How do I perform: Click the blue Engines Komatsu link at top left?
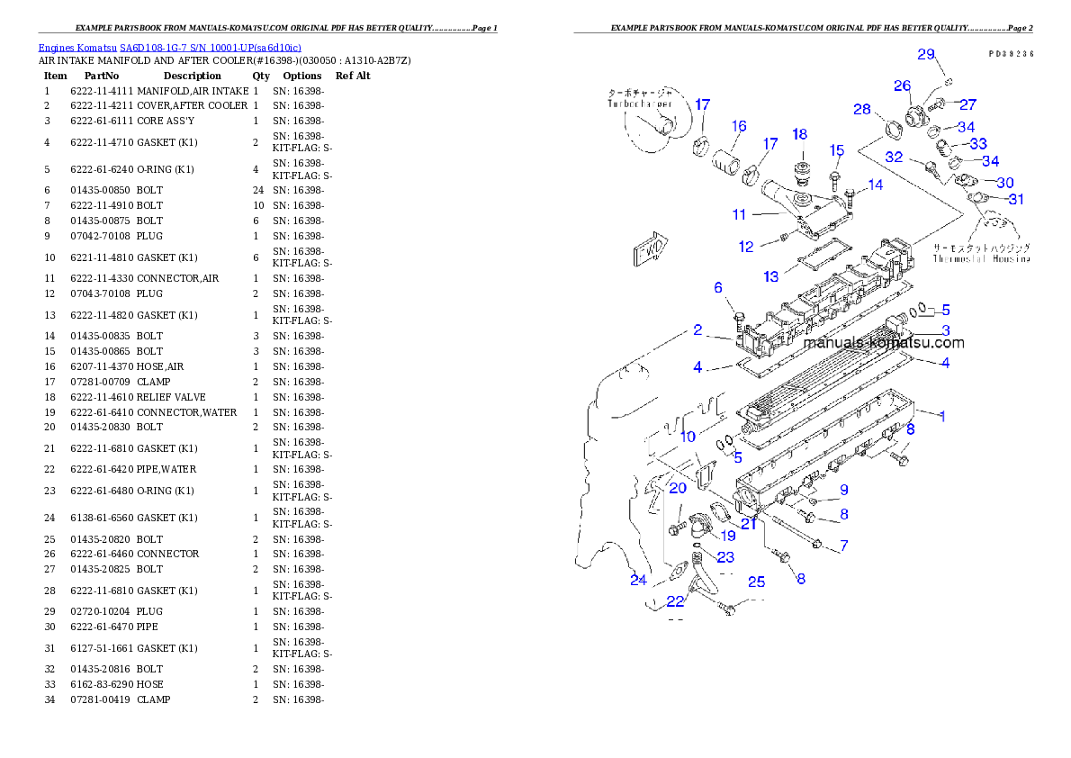point(169,47)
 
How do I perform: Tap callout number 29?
point(926,54)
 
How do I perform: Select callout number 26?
point(902,86)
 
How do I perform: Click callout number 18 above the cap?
point(799,134)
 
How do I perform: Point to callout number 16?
point(739,126)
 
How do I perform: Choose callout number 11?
point(739,214)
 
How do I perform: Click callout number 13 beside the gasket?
point(771,276)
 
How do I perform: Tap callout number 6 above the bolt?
point(718,288)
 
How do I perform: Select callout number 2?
point(697,330)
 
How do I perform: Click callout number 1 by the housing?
point(941,416)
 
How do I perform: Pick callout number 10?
point(688,437)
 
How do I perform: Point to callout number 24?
point(638,580)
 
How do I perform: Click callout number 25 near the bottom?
point(756,582)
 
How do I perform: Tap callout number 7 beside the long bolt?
point(843,546)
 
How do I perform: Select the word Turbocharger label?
point(641,104)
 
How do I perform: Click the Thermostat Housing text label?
point(981,258)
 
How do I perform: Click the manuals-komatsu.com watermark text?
point(883,343)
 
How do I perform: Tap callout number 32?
point(894,156)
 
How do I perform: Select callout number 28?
point(862,109)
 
